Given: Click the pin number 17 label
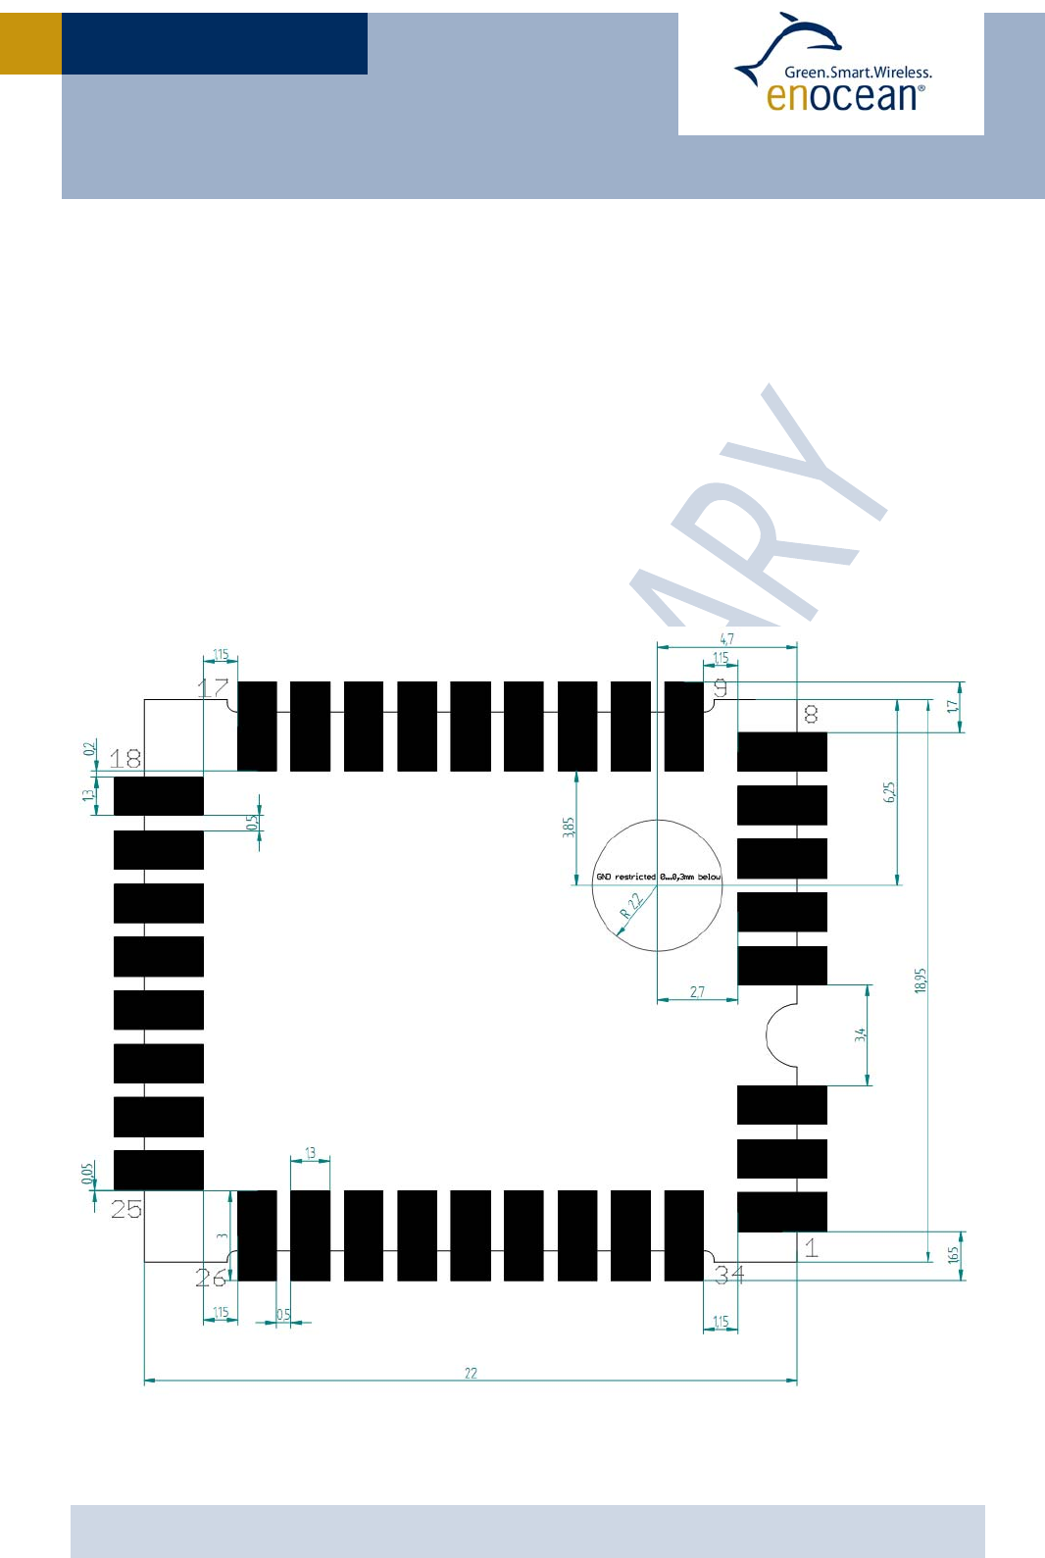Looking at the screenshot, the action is pyautogui.click(x=213, y=687).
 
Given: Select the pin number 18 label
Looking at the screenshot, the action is pyautogui.click(x=125, y=758).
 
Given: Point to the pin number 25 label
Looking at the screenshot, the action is pyautogui.click(x=126, y=1209).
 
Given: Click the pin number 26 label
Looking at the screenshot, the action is pyautogui.click(x=211, y=1278).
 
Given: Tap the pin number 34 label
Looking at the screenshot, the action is pyautogui.click(x=729, y=1275).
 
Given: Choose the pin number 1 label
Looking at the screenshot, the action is pyautogui.click(x=811, y=1248).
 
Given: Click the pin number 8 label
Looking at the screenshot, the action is pyautogui.click(x=811, y=714).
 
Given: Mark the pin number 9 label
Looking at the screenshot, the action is pyautogui.click(x=721, y=688).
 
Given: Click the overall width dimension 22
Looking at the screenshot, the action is pyautogui.click(x=471, y=1373).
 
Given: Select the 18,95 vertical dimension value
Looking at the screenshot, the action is pyautogui.click(x=920, y=980).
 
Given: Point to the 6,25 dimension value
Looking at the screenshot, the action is pyautogui.click(x=889, y=792).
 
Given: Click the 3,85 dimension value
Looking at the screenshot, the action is pyautogui.click(x=569, y=827).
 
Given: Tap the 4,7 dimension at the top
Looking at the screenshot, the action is pyautogui.click(x=726, y=638).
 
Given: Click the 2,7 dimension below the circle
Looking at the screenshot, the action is pyautogui.click(x=697, y=992).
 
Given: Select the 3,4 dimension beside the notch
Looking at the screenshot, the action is pyautogui.click(x=860, y=1034).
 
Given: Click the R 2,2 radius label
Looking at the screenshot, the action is pyautogui.click(x=631, y=906).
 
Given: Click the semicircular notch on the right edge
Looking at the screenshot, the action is pyautogui.click(x=781, y=1035).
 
